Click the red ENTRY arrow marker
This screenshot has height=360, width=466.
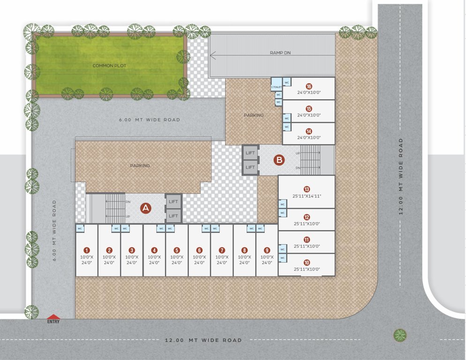[x=53, y=317]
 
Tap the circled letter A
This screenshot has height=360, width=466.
[x=145, y=208]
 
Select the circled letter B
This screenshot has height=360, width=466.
[x=279, y=160]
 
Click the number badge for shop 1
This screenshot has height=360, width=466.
[x=87, y=250]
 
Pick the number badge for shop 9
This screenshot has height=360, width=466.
[x=267, y=250]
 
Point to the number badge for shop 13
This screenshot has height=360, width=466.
[x=307, y=189]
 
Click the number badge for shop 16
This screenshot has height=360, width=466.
[x=308, y=86]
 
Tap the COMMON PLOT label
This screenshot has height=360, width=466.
[x=109, y=66]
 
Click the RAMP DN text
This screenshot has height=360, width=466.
[x=280, y=53]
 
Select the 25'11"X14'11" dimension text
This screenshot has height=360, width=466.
[x=307, y=196]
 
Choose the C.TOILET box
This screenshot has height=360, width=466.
[x=276, y=87]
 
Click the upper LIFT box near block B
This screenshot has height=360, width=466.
[x=250, y=153]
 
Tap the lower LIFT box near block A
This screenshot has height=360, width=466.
[x=173, y=216]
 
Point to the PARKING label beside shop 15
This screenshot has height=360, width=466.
[x=254, y=115]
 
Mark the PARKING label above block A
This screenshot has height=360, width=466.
[x=140, y=165]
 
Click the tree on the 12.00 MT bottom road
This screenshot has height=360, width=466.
[x=400, y=335]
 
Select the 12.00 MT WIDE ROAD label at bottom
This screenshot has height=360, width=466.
[x=203, y=340]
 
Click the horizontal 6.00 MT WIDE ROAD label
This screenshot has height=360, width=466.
[x=150, y=120]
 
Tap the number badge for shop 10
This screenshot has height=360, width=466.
[x=307, y=262]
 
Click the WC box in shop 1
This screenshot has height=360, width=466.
[x=80, y=228]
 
